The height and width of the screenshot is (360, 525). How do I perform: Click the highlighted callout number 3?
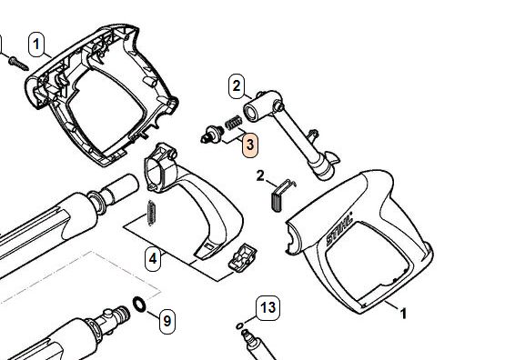(250, 145)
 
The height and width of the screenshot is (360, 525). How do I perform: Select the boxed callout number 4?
(153, 258)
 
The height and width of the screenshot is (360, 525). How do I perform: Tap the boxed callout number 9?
(167, 321)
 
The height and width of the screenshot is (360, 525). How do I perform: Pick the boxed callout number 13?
(268, 308)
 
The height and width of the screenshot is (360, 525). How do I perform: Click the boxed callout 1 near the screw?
(36, 45)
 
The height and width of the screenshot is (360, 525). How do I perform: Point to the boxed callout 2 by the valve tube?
(237, 86)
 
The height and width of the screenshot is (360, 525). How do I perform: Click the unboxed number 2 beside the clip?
(260, 175)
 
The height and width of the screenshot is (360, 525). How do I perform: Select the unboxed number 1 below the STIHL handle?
(403, 314)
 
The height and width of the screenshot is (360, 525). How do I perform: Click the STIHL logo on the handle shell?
(339, 229)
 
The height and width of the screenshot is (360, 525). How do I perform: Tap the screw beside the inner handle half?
(18, 64)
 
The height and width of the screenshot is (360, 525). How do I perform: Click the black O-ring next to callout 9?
(139, 305)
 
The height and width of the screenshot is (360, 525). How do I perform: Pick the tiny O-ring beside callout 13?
(239, 325)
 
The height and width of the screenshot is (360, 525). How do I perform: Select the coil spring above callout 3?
(233, 122)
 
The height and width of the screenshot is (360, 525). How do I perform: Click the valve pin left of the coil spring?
(212, 134)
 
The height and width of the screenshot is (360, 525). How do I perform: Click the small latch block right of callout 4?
(242, 257)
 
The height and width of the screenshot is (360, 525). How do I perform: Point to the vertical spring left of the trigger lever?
(151, 213)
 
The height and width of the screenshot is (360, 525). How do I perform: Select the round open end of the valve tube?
(251, 112)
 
